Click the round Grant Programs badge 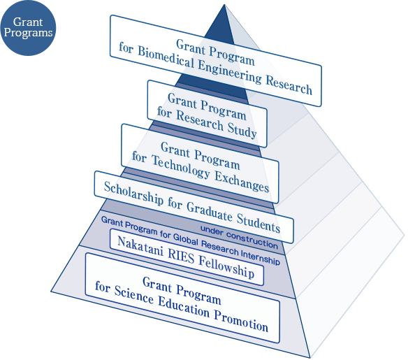pyautogui.click(x=28, y=28)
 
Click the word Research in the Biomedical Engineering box pyautogui.click(x=289, y=85)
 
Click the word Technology pyautogui.click(x=181, y=167)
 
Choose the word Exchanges pyautogui.click(x=242, y=182)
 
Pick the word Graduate pyautogui.click(x=210, y=212)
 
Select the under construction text pyautogui.click(x=239, y=237)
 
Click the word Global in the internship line pyautogui.click(x=186, y=238)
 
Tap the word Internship pyautogui.click(x=260, y=257)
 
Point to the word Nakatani pyautogui.click(x=140, y=246)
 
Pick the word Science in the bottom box pyautogui.click(x=134, y=294)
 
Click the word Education pyautogui.click(x=184, y=307)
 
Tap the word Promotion pyautogui.click(x=241, y=321)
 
